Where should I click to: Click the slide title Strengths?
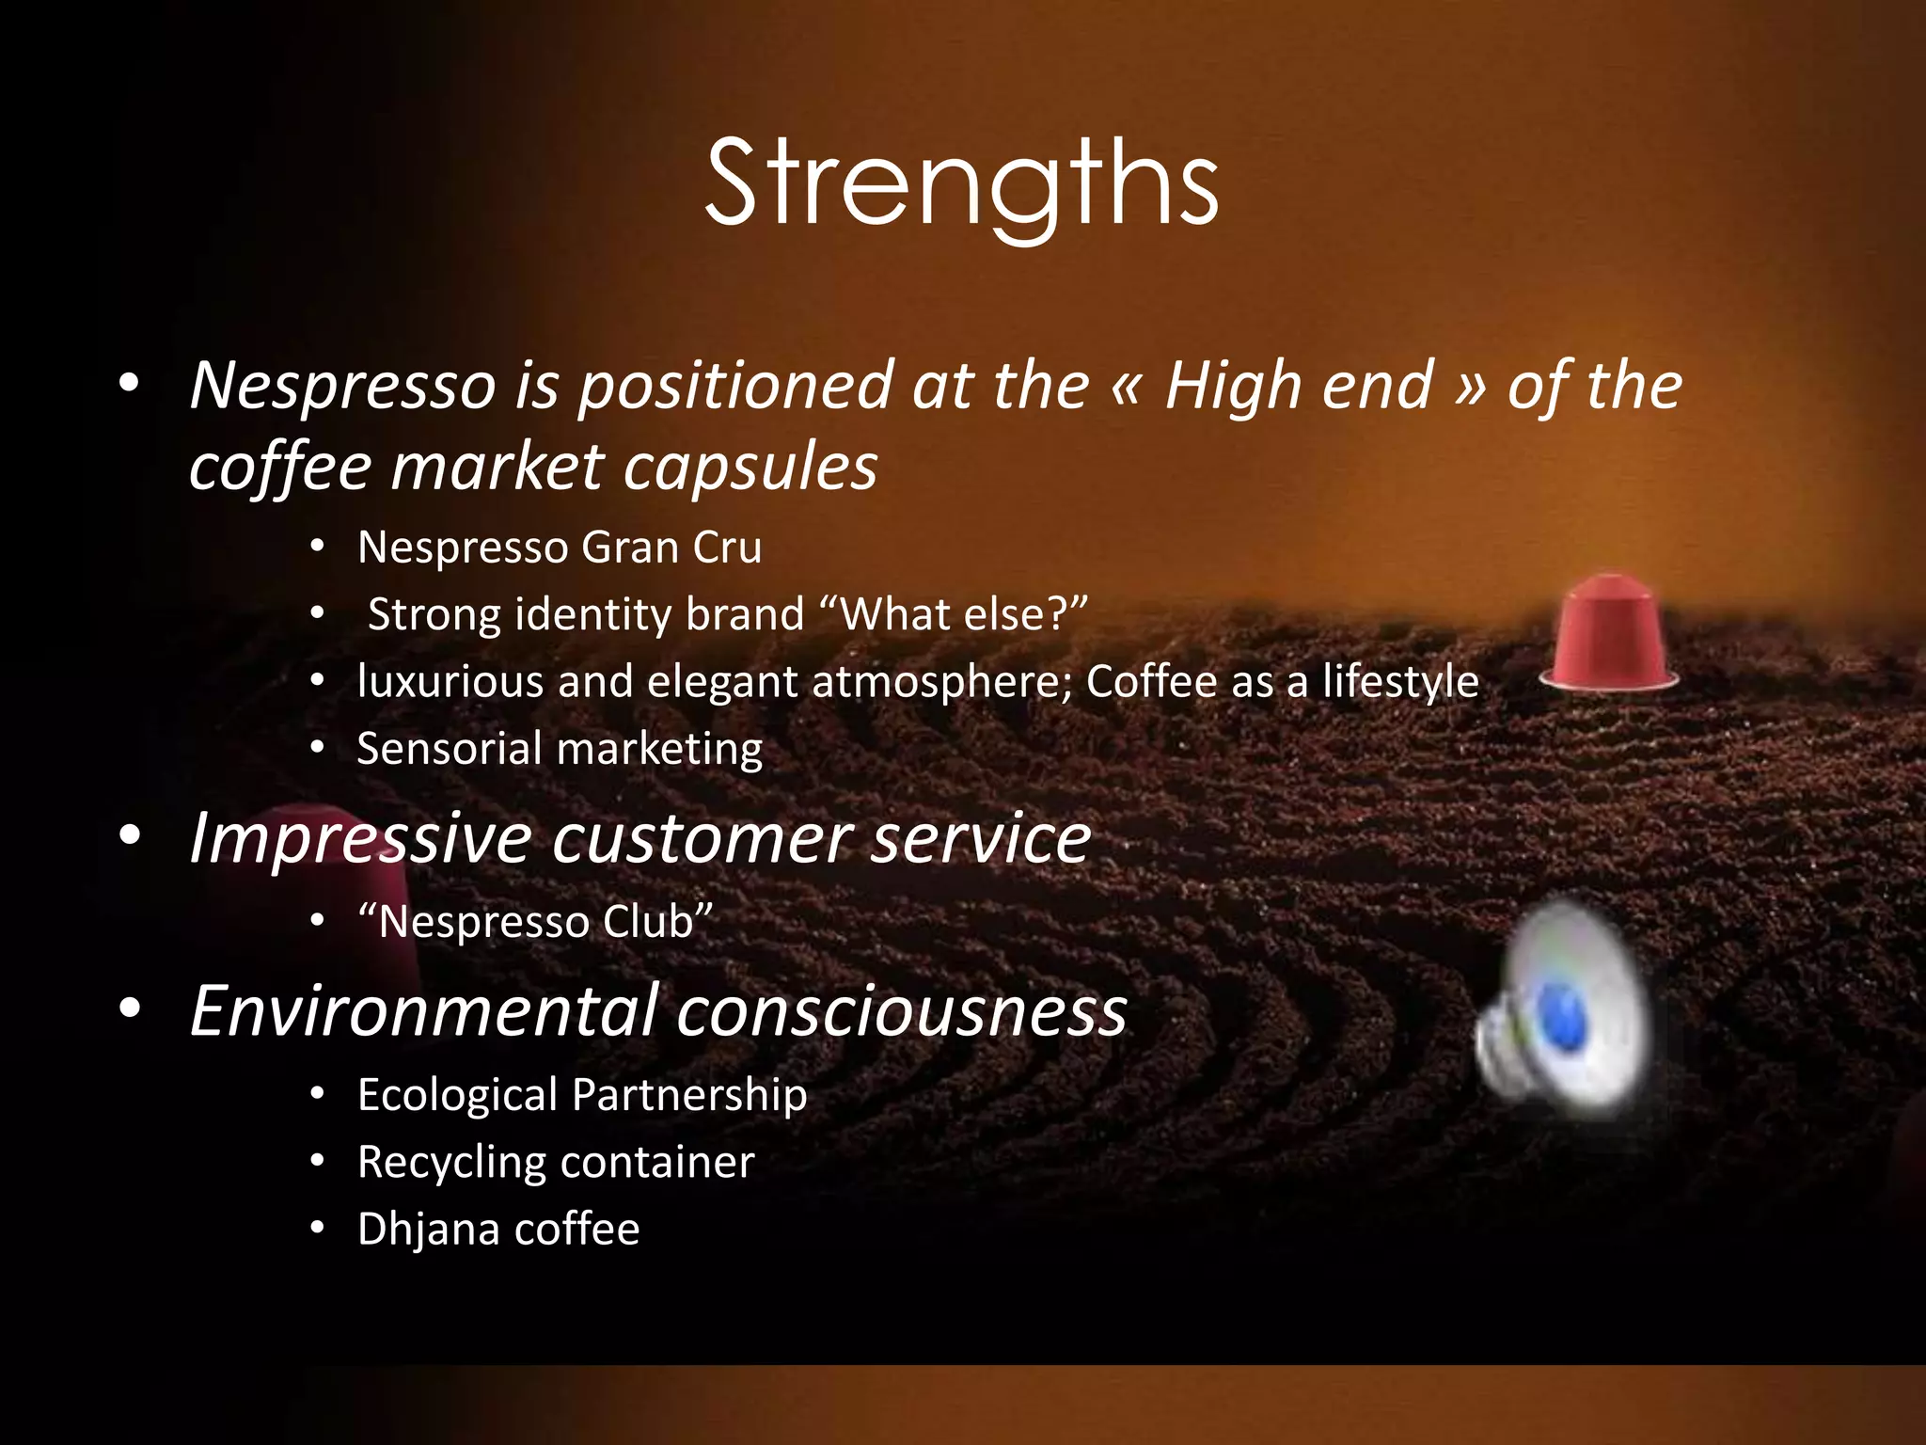(x=961, y=183)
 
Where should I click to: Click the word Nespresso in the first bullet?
(x=342, y=386)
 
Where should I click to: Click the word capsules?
(x=750, y=468)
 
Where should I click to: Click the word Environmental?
(x=422, y=1010)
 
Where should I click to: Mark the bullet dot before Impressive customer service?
(x=130, y=834)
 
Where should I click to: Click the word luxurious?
(x=450, y=681)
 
